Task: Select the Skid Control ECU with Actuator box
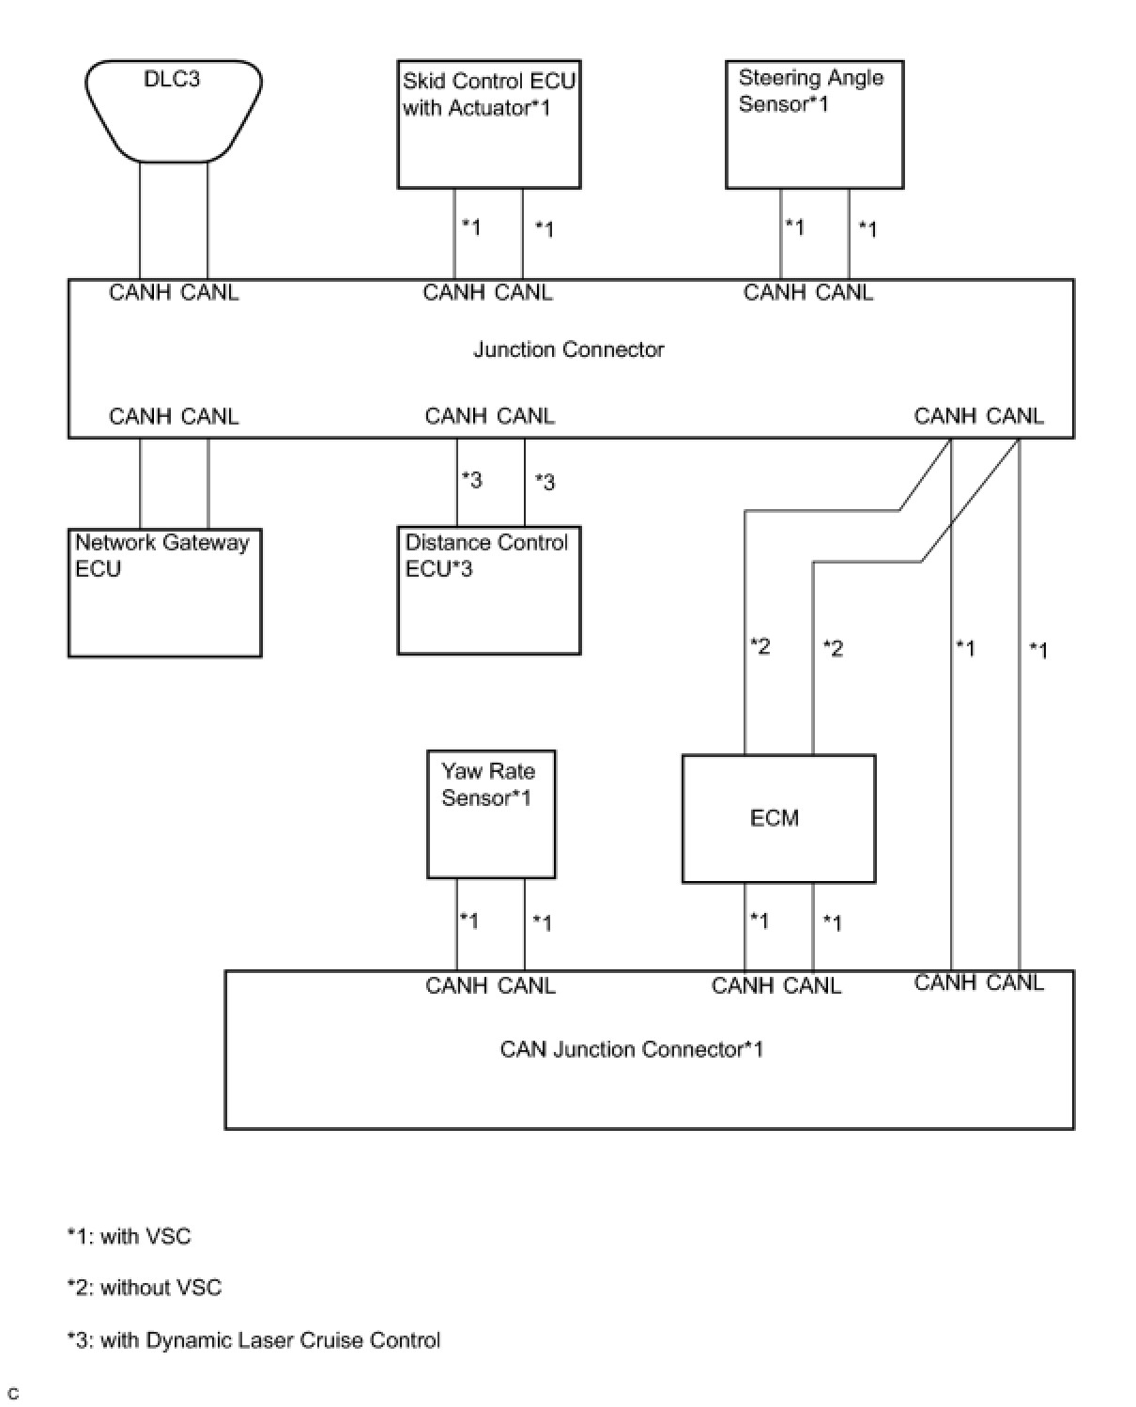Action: click(x=488, y=125)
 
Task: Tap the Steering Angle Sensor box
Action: click(x=814, y=125)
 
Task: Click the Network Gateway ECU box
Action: click(x=164, y=592)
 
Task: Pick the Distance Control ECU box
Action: click(x=488, y=590)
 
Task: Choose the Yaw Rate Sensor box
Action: click(x=490, y=813)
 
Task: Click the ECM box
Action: click(x=777, y=818)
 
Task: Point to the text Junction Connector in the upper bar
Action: click(x=568, y=349)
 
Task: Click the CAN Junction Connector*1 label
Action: click(x=631, y=1049)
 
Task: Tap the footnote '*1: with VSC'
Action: click(x=129, y=1236)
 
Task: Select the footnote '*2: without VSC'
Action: click(x=145, y=1288)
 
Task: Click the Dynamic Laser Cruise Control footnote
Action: click(x=253, y=1340)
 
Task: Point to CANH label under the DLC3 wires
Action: click(x=139, y=292)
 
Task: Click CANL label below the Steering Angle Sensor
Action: click(x=844, y=292)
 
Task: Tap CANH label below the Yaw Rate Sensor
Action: click(x=455, y=985)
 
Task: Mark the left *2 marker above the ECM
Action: click(x=760, y=646)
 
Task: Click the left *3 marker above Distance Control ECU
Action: click(x=471, y=480)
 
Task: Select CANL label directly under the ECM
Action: click(x=812, y=985)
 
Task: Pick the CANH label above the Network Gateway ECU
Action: click(x=139, y=416)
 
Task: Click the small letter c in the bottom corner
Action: click(x=13, y=1394)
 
